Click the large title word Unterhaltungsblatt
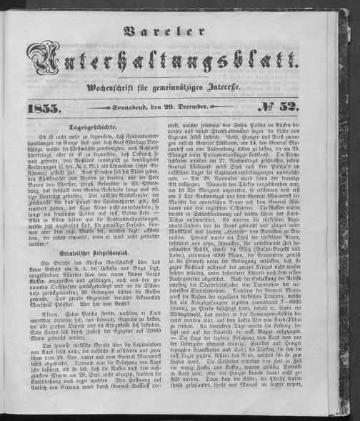tap(179, 67)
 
